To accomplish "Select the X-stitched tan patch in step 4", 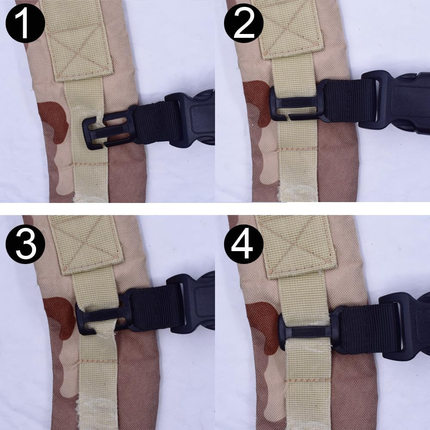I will pos(297,245).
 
